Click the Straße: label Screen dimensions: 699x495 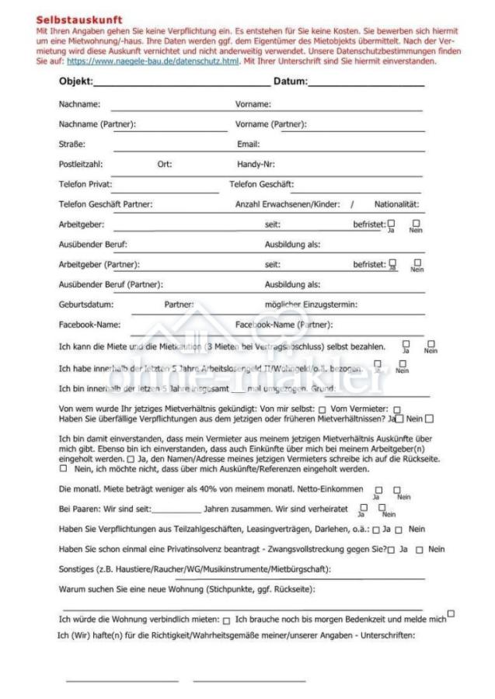click(x=72, y=144)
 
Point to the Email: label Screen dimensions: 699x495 click(x=248, y=144)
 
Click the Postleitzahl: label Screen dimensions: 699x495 click(x=81, y=164)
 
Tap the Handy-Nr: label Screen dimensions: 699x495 click(x=256, y=164)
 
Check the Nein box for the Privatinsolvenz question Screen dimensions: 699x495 click(x=419, y=550)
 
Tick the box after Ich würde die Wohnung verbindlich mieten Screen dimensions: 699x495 click(x=227, y=620)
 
